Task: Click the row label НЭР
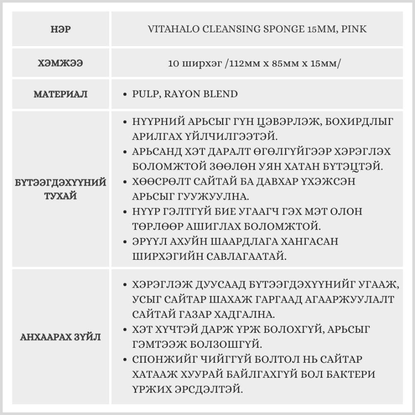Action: point(61,29)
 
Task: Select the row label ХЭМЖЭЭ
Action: point(61,63)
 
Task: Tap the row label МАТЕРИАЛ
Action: point(61,94)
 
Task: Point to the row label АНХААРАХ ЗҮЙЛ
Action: point(61,337)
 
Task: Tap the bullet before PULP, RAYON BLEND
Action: point(125,94)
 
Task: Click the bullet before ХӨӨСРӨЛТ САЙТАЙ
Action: point(125,182)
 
